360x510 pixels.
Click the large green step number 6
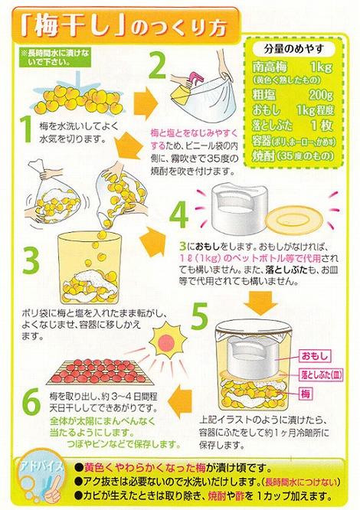click(28, 400)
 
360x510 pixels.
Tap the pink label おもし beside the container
click(315, 357)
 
